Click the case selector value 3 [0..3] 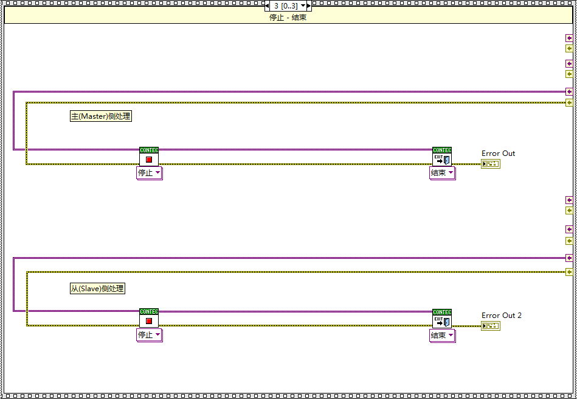click(x=286, y=5)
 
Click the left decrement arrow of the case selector click(x=268, y=5)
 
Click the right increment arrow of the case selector click(x=308, y=5)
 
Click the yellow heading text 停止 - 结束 click(x=288, y=18)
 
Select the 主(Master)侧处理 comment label click(x=101, y=116)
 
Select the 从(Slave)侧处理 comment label click(x=97, y=289)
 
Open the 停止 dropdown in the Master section click(x=150, y=173)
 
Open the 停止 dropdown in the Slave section click(x=150, y=335)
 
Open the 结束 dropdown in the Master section click(x=443, y=173)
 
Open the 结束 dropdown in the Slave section click(x=443, y=335)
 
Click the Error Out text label click(x=498, y=154)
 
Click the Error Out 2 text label click(x=501, y=316)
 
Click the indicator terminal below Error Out click(x=490, y=164)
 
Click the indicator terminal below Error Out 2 click(x=490, y=326)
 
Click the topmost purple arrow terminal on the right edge click(x=569, y=38)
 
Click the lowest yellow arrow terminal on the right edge click(x=569, y=272)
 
